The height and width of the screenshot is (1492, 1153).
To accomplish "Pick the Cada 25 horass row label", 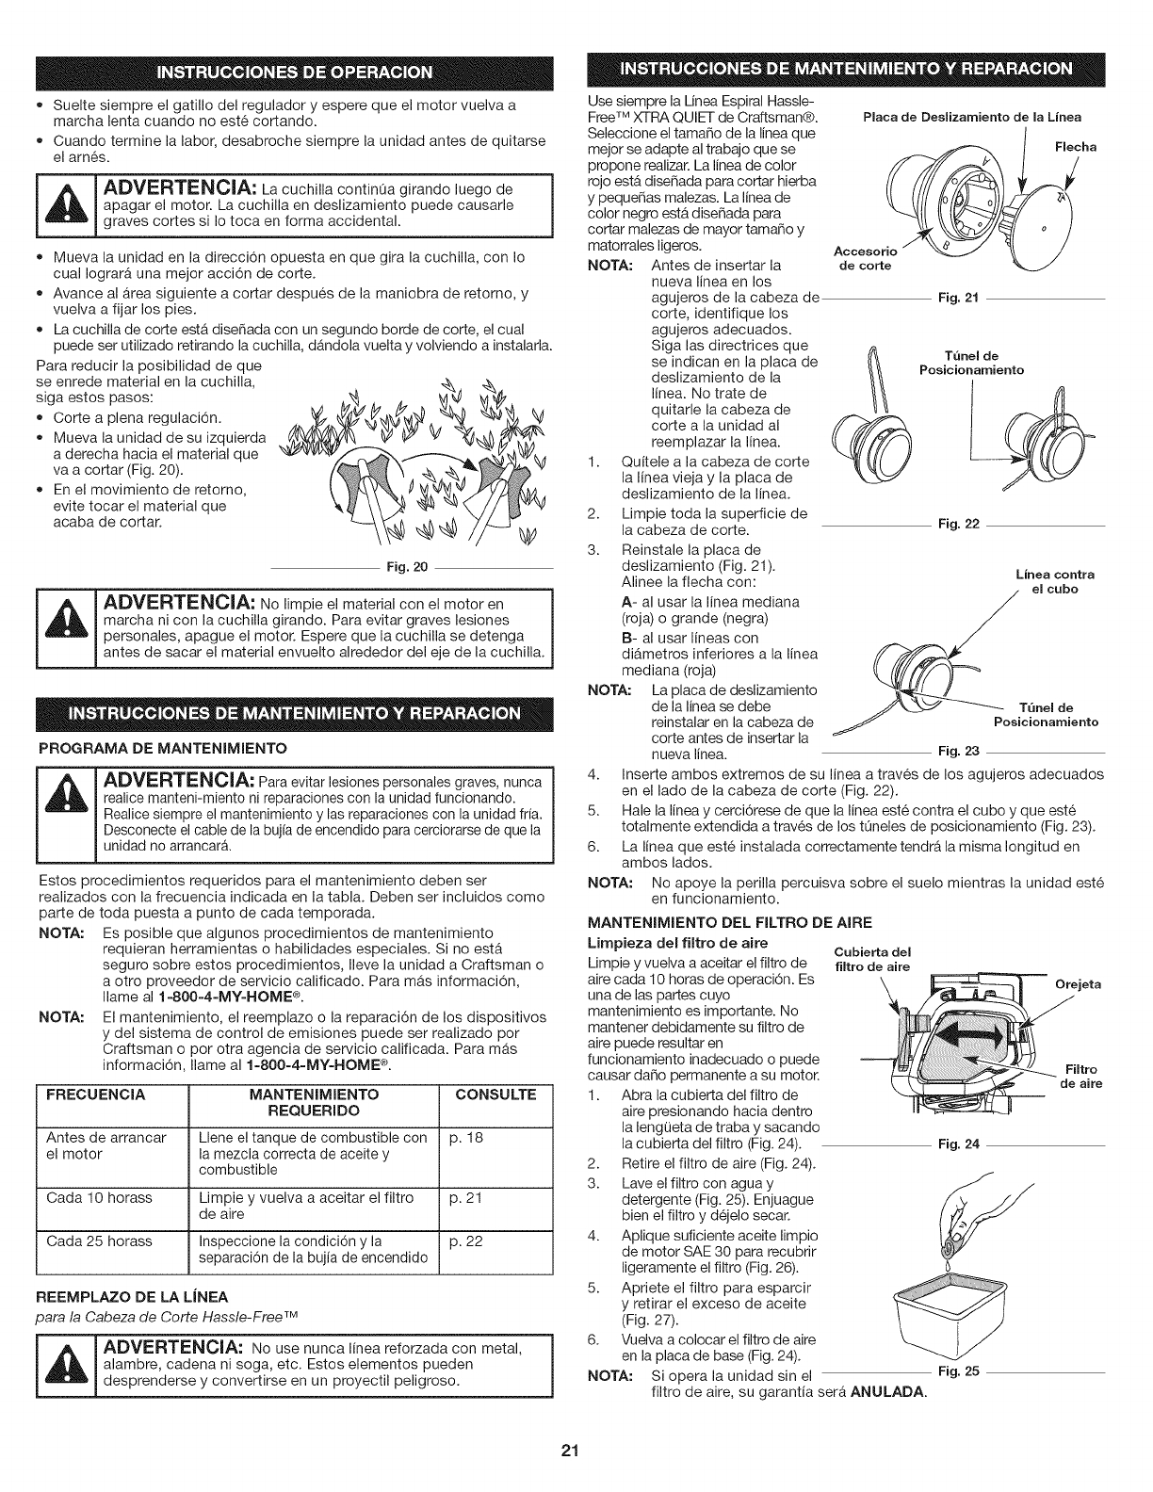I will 99,1241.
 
